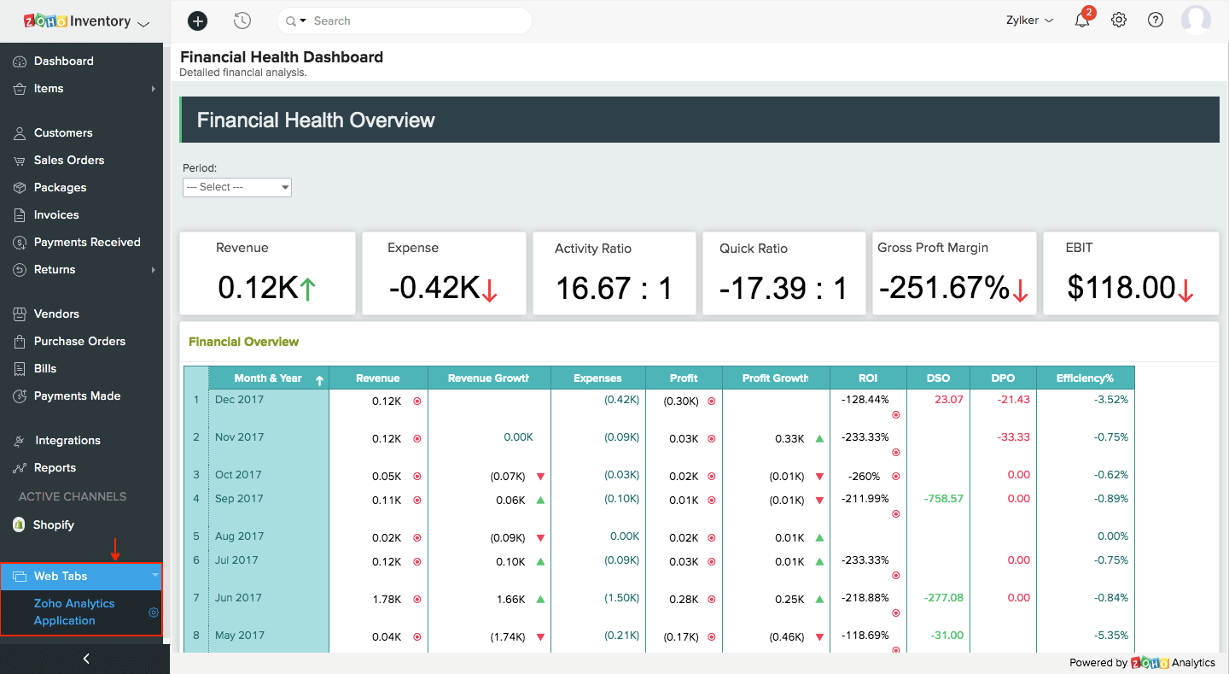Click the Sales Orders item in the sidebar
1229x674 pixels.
(x=68, y=160)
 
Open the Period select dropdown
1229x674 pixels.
(x=237, y=187)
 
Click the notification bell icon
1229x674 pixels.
(x=1082, y=21)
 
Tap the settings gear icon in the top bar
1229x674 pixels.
(x=1119, y=21)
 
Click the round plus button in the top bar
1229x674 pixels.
(x=197, y=21)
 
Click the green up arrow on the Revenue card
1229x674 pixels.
(x=308, y=290)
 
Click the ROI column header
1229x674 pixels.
(x=868, y=378)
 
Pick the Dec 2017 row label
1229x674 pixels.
(x=240, y=399)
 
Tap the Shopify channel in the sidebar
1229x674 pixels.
(x=53, y=525)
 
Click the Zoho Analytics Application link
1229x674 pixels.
(x=74, y=612)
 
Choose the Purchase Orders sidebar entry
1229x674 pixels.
(x=79, y=341)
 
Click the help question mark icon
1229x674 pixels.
(x=1156, y=21)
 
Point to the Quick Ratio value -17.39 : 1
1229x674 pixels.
(x=783, y=288)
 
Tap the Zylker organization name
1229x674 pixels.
(x=1028, y=21)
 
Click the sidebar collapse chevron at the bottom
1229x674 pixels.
(x=85, y=659)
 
